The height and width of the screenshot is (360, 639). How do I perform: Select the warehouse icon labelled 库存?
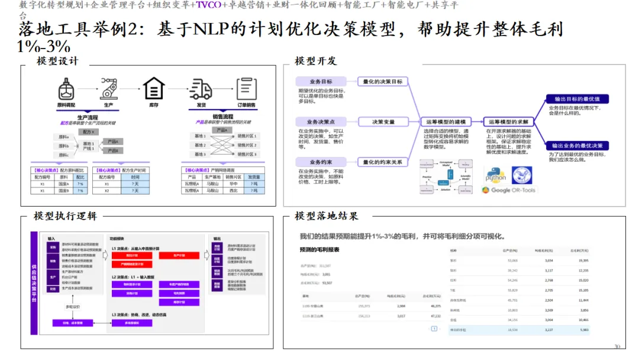tap(154, 89)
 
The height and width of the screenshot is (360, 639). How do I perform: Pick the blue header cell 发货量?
tap(253, 176)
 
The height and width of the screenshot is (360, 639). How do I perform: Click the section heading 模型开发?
tap(315, 61)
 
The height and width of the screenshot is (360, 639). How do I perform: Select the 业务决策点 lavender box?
tap(321, 122)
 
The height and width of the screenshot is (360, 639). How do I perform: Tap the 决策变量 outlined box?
tap(383, 122)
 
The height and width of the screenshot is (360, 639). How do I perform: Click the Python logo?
tap(496, 174)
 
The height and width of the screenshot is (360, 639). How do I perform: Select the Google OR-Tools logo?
tap(508, 190)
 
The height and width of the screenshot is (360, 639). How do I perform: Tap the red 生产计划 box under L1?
tap(179, 255)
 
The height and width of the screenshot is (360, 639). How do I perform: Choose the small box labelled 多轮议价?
tap(72, 307)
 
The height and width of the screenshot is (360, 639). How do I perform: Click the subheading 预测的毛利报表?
tap(319, 250)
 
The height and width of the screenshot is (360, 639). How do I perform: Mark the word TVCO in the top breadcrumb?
tap(208, 5)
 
